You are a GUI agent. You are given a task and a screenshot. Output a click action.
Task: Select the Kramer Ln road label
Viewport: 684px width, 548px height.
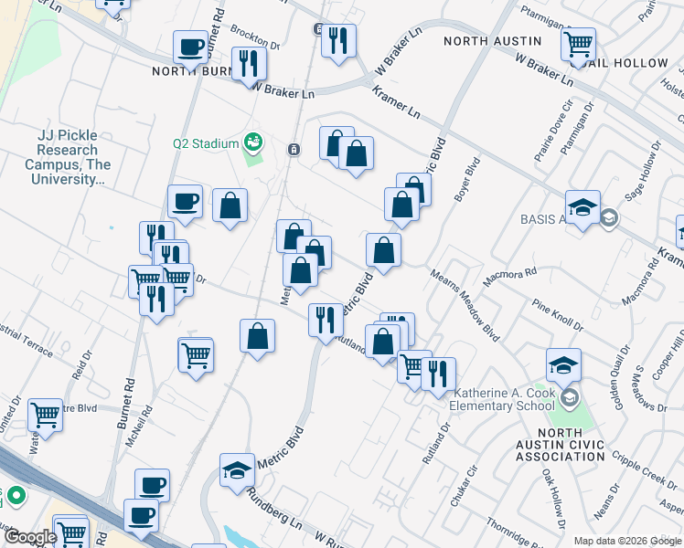click(397, 101)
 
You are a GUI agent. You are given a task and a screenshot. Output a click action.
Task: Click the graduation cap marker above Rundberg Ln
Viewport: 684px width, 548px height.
click(238, 470)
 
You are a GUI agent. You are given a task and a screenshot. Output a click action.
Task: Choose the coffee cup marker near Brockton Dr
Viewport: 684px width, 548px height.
click(192, 47)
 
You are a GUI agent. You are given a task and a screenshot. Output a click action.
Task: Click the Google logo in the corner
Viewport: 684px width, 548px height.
click(29, 537)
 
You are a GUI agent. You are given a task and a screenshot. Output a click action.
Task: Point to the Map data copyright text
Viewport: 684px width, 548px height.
click(627, 540)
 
